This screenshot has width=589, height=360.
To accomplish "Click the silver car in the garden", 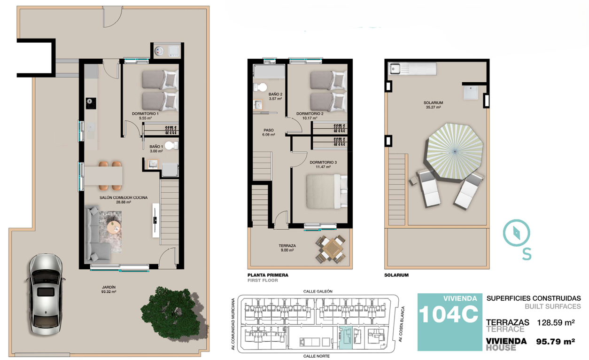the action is pyautogui.click(x=46, y=294).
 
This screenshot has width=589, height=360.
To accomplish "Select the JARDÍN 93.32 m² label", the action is pyautogui.click(x=108, y=290).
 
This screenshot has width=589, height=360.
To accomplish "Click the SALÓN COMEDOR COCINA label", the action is pyautogui.click(x=124, y=198).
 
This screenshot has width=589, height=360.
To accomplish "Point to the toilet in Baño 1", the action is pyautogui.click(x=171, y=146).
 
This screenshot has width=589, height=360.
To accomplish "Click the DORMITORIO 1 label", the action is pyautogui.click(x=145, y=114).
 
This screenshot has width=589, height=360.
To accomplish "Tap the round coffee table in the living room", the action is pyautogui.click(x=114, y=227).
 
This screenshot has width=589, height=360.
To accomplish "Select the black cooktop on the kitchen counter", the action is pyautogui.click(x=91, y=103).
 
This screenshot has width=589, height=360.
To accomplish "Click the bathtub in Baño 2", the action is pyautogui.click(x=269, y=71).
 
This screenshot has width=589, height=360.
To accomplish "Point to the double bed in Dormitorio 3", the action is pyautogui.click(x=326, y=191).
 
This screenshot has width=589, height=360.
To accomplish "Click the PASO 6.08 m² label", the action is pyautogui.click(x=269, y=133).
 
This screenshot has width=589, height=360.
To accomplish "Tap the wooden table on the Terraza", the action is pyautogui.click(x=332, y=249).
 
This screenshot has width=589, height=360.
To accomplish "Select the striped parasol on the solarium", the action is pyautogui.click(x=454, y=152).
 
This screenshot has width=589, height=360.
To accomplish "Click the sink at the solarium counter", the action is pyautogui.click(x=395, y=69).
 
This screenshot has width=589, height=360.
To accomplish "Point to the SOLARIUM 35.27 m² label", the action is pyautogui.click(x=433, y=105).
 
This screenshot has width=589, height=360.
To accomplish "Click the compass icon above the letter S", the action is pyautogui.click(x=516, y=233).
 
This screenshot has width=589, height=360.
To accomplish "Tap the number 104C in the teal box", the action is pyautogui.click(x=449, y=314).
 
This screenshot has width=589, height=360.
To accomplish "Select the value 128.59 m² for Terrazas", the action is pyautogui.click(x=556, y=322).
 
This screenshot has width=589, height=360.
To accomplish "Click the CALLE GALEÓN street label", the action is pyautogui.click(x=318, y=291).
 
